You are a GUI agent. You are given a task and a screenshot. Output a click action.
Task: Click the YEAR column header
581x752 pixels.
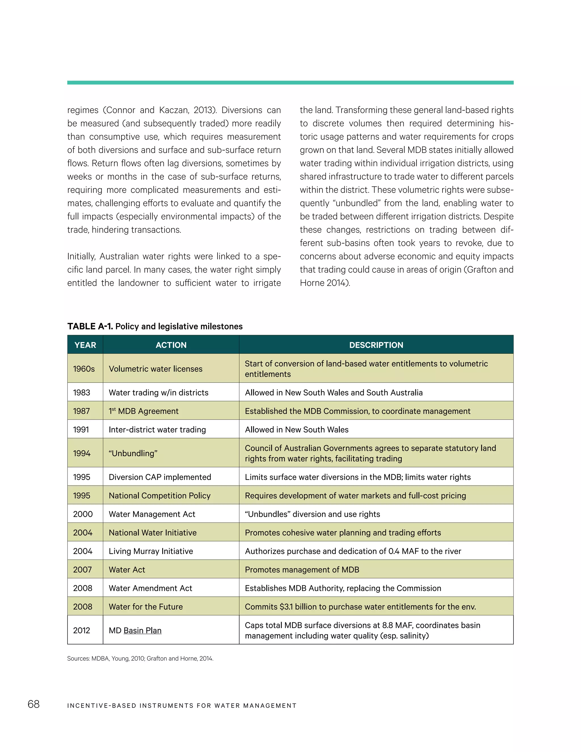pyautogui.click(x=85, y=345)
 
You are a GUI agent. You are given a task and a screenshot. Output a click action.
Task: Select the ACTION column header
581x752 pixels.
pyautogui.click(x=171, y=345)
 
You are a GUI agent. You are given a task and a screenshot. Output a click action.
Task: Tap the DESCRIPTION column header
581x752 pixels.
pyautogui.click(x=376, y=345)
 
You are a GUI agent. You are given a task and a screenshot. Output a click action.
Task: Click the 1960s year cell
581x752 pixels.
pyautogui.click(x=84, y=369)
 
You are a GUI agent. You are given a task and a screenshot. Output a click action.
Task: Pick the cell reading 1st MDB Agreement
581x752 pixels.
pyautogui.click(x=144, y=411)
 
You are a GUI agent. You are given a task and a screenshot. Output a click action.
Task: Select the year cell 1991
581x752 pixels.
pyautogui.click(x=81, y=430)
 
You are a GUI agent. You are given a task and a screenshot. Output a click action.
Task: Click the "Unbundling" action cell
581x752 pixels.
pyautogui.click(x=133, y=453)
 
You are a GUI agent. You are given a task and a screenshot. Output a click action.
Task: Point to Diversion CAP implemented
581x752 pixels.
pyautogui.click(x=160, y=477)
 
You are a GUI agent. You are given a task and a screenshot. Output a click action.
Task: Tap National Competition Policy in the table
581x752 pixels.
pyautogui.click(x=159, y=496)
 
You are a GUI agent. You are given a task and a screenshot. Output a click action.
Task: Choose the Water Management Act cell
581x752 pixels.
pyautogui.click(x=152, y=514)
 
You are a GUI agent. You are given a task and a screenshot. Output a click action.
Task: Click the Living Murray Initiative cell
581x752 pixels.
pyautogui.click(x=151, y=551)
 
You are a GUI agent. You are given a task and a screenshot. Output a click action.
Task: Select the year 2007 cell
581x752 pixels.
pyautogui.click(x=82, y=570)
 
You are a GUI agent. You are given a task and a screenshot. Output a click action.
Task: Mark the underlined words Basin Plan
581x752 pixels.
pyautogui.click(x=142, y=631)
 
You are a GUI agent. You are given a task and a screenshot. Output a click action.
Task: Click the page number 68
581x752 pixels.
pyautogui.click(x=34, y=704)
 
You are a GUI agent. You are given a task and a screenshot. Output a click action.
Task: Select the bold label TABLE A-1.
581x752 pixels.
pyautogui.click(x=90, y=326)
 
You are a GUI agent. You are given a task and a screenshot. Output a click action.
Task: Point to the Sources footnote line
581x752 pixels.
pyautogui.click(x=140, y=659)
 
